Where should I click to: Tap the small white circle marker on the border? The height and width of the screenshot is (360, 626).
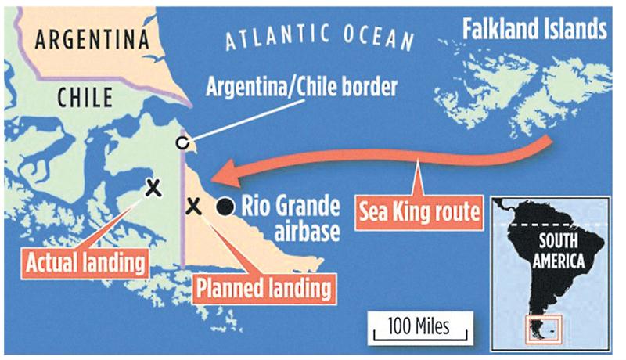point(182,142)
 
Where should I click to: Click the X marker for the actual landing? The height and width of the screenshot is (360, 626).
point(152,187)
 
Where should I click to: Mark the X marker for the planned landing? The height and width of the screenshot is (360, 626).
point(194,207)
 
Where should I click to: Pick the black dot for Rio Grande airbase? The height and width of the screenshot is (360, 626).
point(225,207)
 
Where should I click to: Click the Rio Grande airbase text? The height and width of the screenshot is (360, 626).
point(290,217)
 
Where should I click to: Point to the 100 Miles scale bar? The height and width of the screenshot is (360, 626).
point(412,327)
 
